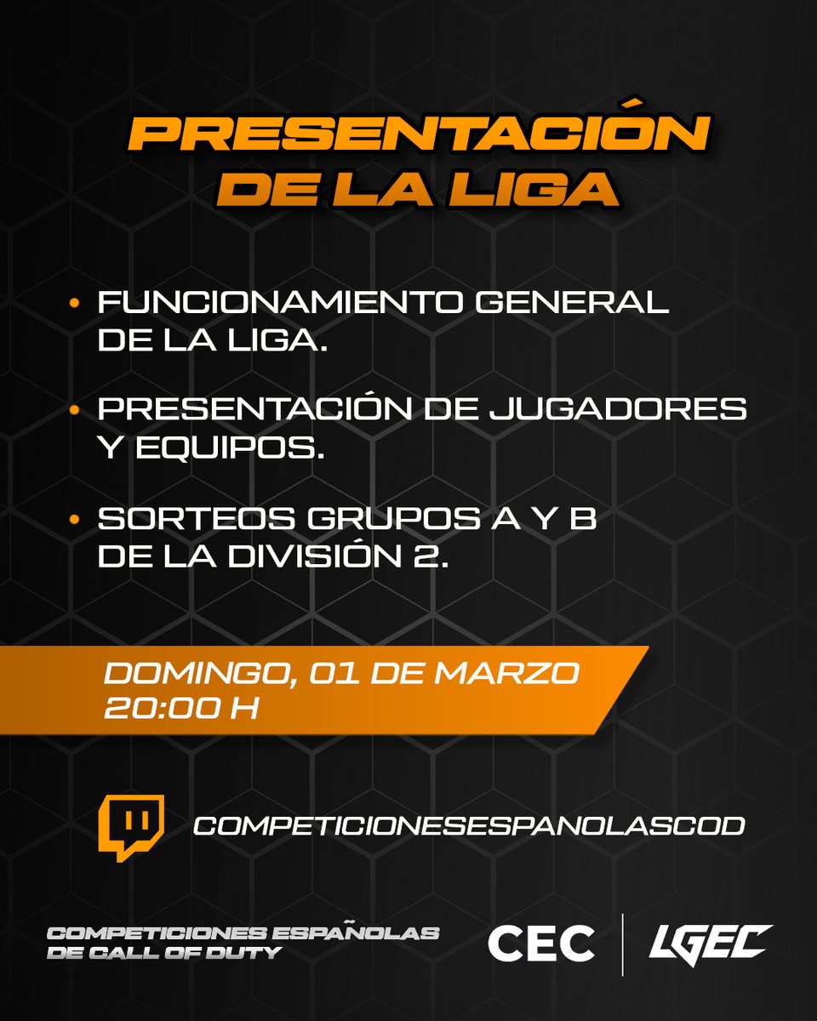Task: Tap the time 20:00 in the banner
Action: click(x=166, y=707)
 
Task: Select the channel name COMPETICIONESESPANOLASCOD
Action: click(x=469, y=824)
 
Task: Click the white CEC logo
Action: click(x=540, y=944)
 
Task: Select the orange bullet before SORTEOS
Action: click(x=75, y=517)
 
